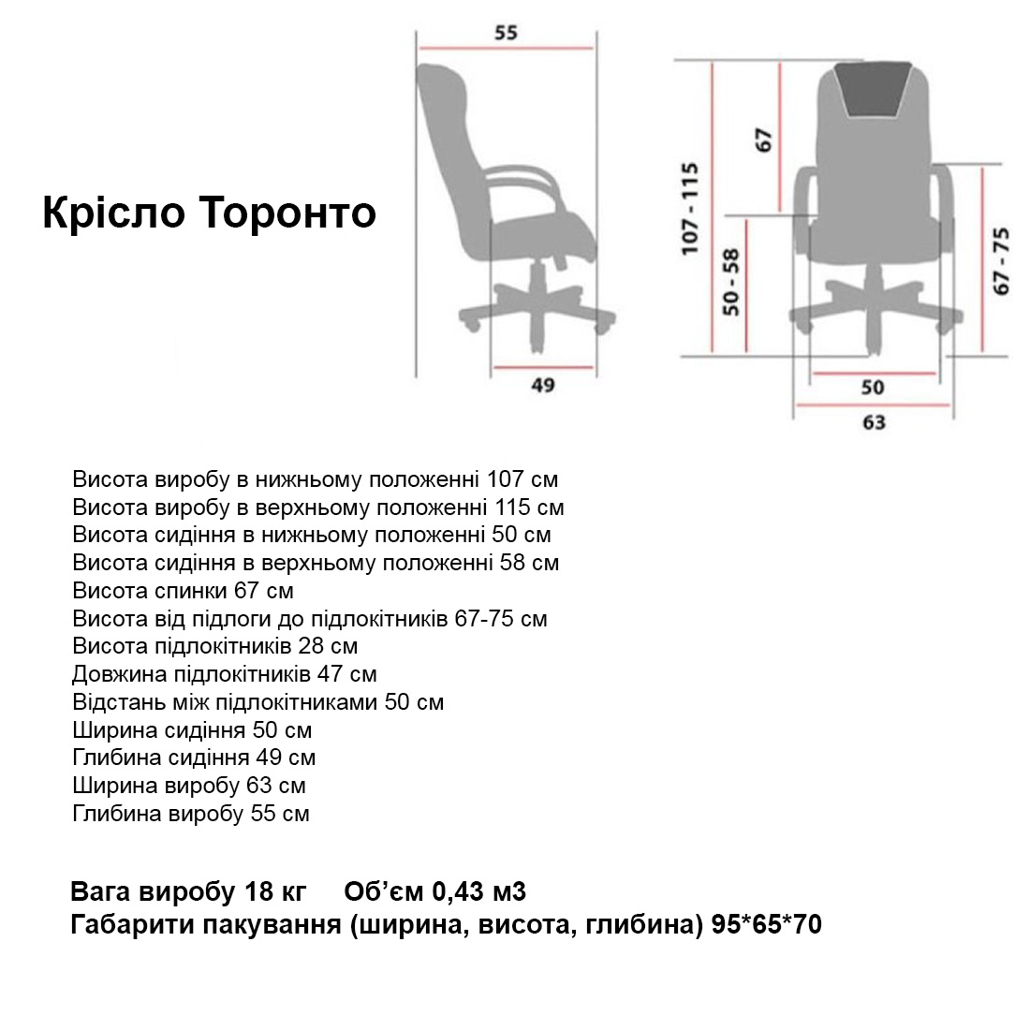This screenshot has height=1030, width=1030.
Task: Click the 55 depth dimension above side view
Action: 506,33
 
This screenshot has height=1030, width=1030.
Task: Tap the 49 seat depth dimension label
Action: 543,385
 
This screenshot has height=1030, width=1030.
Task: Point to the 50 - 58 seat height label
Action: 732,281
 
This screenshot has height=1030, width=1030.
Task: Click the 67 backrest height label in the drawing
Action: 764,140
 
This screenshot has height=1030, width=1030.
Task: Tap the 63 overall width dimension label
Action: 874,422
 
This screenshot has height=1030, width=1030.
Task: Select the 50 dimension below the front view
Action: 873,387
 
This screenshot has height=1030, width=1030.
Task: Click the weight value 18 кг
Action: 282,891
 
